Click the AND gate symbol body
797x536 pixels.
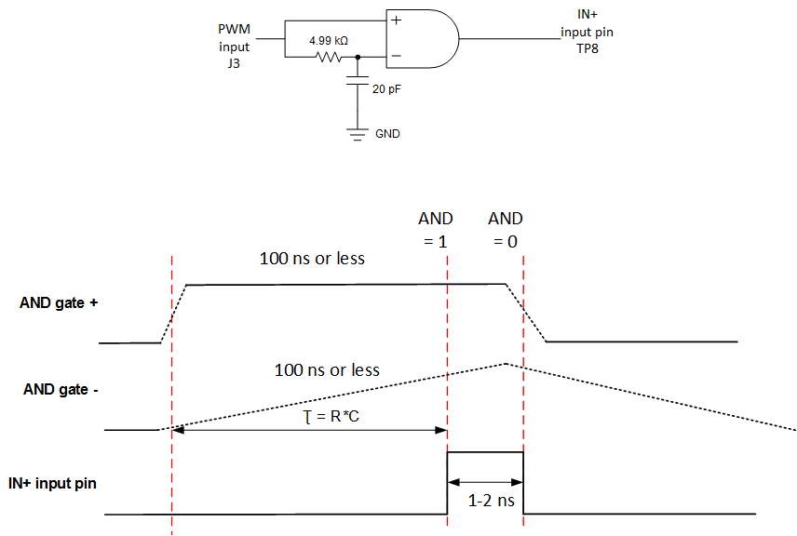pos(424,39)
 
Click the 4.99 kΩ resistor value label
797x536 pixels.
pos(329,41)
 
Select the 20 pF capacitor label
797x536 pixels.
pos(387,89)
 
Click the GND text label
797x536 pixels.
pos(387,134)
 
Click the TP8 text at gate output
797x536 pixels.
pos(587,47)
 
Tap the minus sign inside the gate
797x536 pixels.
pos(396,57)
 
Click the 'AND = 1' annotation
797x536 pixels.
pos(436,229)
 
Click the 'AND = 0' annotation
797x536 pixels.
pos(506,229)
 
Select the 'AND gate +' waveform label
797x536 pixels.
pos(59,302)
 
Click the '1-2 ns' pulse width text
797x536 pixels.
pos(485,500)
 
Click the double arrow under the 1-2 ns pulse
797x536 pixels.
pos(485,482)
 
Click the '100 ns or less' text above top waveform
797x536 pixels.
pos(312,258)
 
